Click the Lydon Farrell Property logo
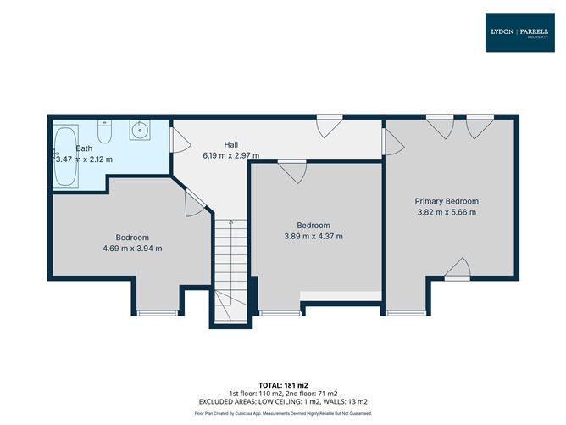(519, 32)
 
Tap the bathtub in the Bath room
(66, 156)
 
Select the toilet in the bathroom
(105, 131)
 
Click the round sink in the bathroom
(140, 130)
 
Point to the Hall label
(231, 145)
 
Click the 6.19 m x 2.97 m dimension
(231, 156)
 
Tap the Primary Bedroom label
(447, 201)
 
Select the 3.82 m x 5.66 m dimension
(447, 212)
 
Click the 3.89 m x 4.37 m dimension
(314, 237)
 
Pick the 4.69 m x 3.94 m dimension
(132, 249)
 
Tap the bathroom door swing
(180, 139)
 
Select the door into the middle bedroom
(292, 172)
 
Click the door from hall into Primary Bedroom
(393, 142)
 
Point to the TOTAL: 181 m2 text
(283, 385)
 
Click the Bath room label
(84, 148)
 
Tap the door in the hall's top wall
(330, 126)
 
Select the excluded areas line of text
(283, 402)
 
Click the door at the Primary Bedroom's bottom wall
(458, 269)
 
